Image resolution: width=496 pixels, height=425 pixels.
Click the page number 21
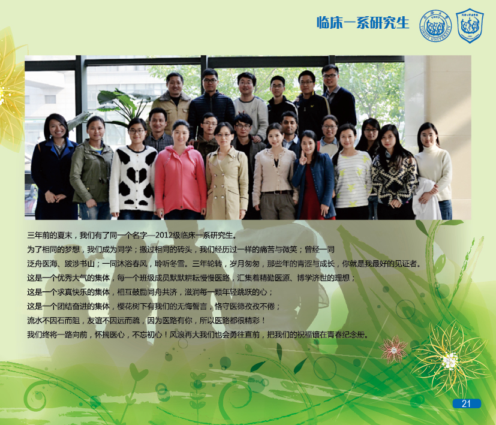pos(466,403)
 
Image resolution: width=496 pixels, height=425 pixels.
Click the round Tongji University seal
pos(435,25)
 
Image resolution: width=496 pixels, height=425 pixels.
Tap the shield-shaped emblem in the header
pos(470,26)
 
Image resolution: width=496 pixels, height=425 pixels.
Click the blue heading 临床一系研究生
pos(363,23)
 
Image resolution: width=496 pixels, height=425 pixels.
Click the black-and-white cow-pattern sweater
pos(133,179)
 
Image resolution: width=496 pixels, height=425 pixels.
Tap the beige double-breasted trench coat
pos(227,183)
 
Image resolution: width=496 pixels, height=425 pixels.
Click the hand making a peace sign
pos(303,157)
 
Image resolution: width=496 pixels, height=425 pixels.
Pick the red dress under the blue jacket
pos(310,193)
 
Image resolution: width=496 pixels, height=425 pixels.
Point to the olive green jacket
pos(91,173)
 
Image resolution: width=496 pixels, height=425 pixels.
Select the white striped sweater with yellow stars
pos(353,179)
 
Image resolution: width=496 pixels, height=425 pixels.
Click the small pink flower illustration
pos(393,349)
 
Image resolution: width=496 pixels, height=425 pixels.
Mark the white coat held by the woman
pos(425,199)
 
